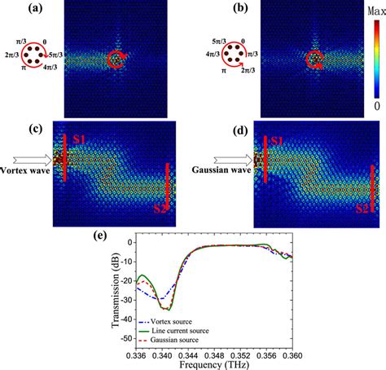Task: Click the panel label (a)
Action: pyautogui.click(x=15, y=10)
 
